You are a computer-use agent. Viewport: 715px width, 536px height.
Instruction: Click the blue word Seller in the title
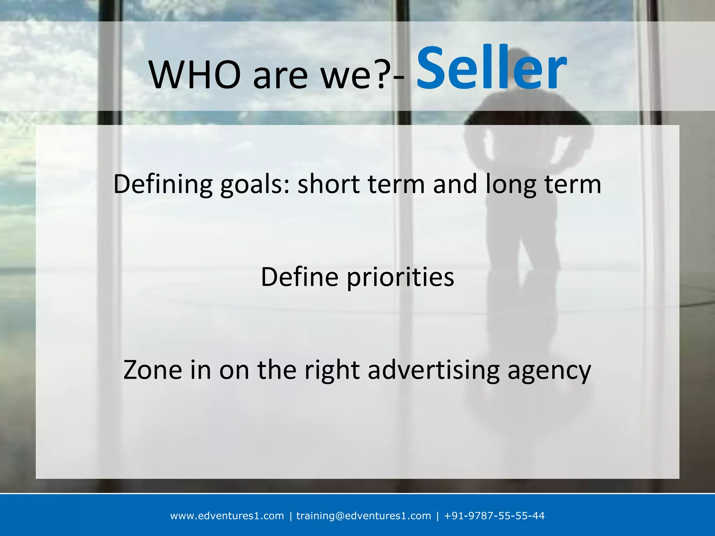(492, 68)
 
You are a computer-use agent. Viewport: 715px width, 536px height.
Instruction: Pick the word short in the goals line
(328, 184)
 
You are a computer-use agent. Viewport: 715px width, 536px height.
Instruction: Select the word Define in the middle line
(300, 277)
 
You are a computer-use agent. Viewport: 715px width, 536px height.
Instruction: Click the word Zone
(153, 370)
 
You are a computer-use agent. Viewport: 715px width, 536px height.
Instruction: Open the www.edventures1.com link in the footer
(227, 516)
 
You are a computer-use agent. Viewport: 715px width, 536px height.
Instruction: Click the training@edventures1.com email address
(363, 516)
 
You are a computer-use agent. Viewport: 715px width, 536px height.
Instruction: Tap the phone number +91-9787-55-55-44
(494, 516)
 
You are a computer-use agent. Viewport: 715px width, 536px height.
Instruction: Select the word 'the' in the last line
(277, 370)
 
